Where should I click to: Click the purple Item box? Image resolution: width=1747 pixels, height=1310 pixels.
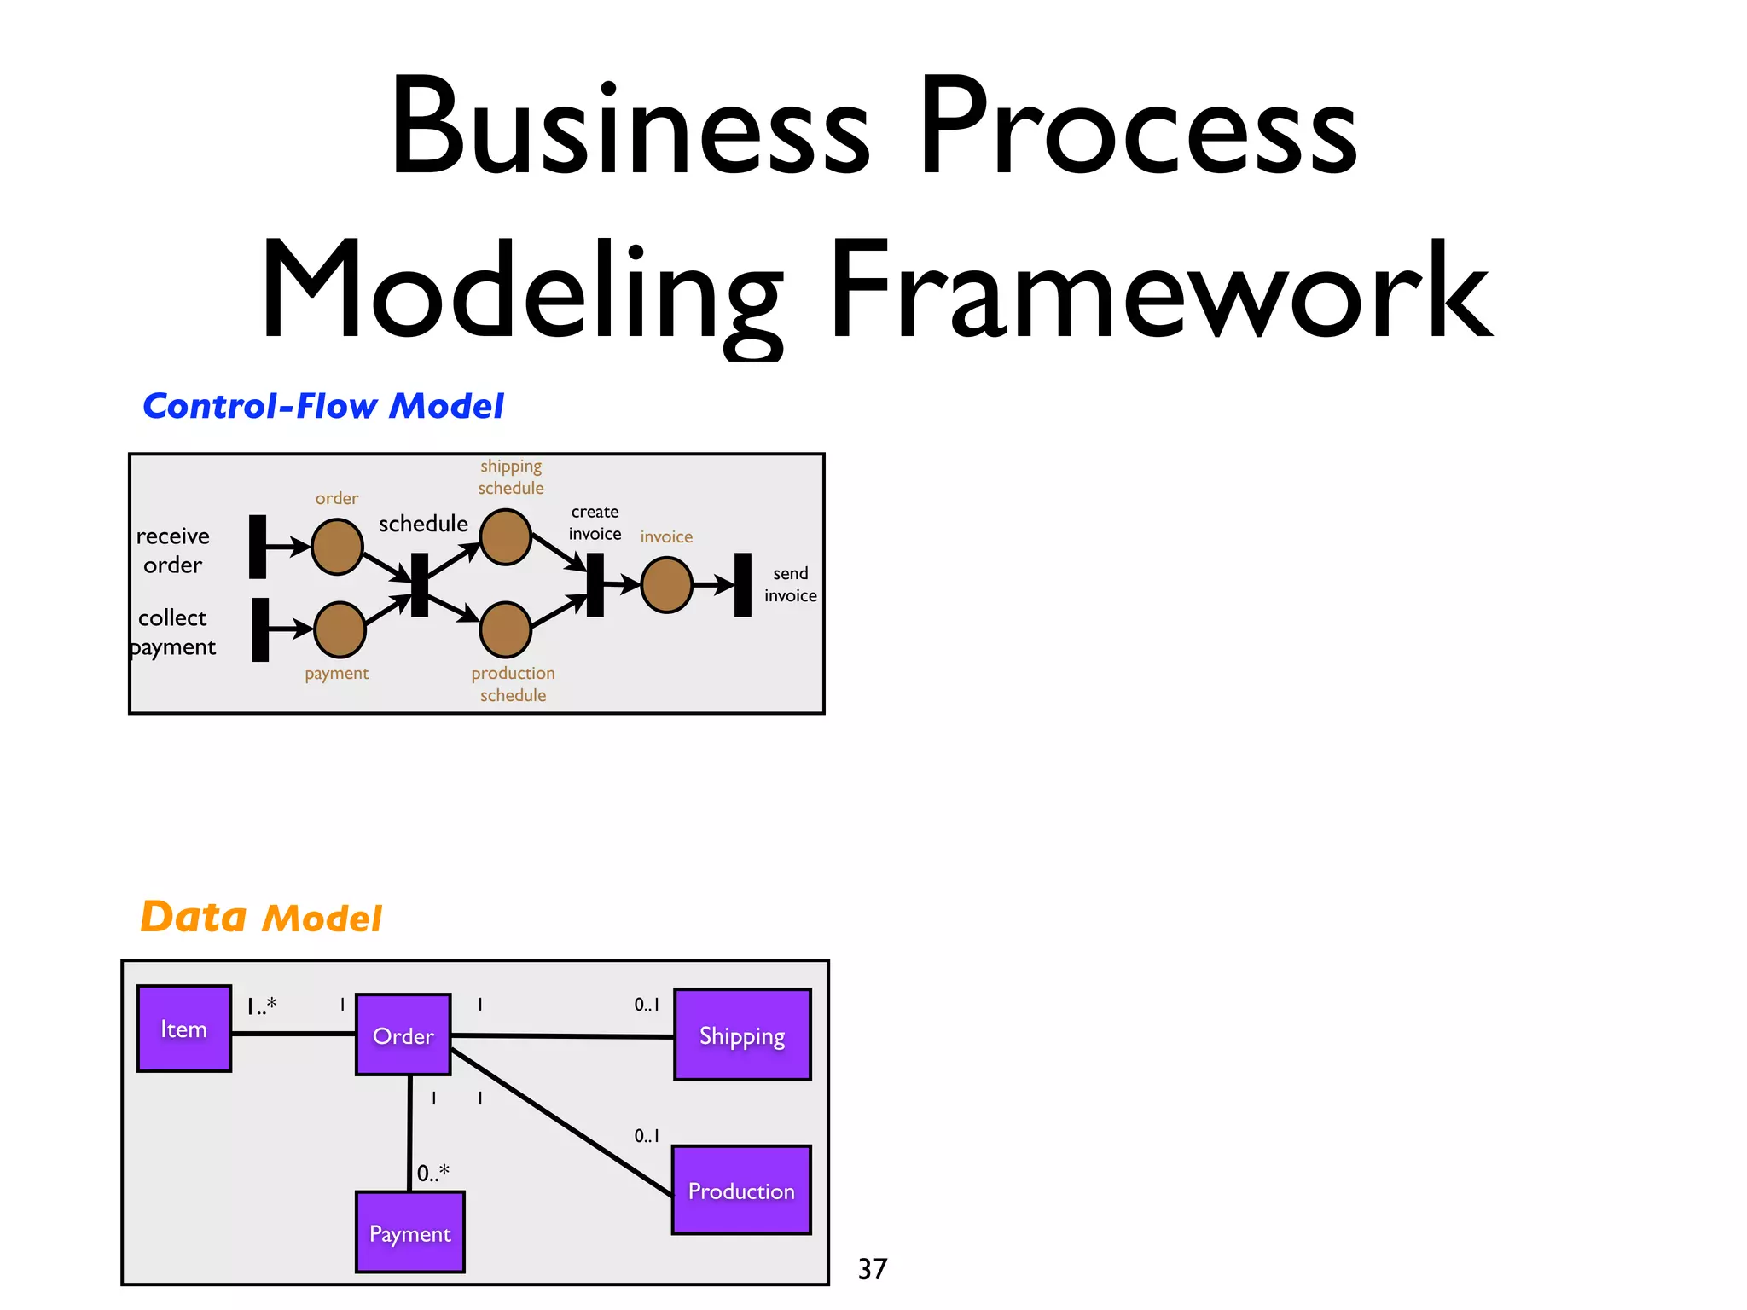pos(184,1029)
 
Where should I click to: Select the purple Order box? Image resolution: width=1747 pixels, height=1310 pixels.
pos(403,1035)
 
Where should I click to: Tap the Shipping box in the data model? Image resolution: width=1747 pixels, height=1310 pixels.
pos(742,1035)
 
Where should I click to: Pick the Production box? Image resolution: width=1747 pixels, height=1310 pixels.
pos(741,1190)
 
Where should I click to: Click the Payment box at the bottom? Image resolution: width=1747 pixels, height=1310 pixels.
pos(409,1232)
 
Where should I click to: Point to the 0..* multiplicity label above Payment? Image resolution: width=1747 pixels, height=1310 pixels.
pos(432,1173)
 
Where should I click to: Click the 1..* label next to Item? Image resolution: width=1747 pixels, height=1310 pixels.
pos(262,1006)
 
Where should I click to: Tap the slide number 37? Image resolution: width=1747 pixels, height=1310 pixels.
pos(872,1269)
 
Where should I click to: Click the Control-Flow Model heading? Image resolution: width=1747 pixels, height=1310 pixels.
pos(323,406)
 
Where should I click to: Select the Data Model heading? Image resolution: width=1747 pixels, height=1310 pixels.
pos(261,918)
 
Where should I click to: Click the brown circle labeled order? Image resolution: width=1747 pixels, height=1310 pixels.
pos(337,548)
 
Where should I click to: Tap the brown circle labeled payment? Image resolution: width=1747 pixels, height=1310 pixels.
pos(340,629)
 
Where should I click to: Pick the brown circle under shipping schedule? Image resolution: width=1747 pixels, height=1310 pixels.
pos(506,537)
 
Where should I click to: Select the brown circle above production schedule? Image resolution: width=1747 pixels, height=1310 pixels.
pos(506,629)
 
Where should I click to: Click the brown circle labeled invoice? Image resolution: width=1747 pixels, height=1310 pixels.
pos(666,585)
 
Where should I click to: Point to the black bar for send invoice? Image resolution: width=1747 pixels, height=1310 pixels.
pos(743,585)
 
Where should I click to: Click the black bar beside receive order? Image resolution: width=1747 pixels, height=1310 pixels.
pos(258,547)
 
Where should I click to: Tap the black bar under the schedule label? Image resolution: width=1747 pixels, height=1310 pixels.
pos(419,585)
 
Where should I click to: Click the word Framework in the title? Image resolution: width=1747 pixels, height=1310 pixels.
pos(1160,290)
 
